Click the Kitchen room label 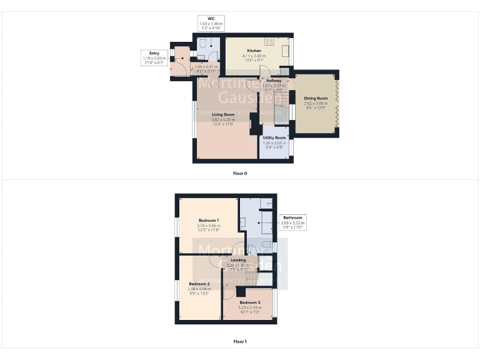(x=254, y=50)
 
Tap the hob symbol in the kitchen (x=269, y=42)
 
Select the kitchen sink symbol (x=286, y=49)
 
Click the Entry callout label (x=150, y=53)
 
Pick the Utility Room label (x=274, y=137)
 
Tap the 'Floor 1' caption (x=240, y=341)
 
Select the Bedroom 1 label (x=208, y=221)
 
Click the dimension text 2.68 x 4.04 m (x=200, y=289)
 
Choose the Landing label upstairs (x=237, y=260)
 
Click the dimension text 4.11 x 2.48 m (x=254, y=55)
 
